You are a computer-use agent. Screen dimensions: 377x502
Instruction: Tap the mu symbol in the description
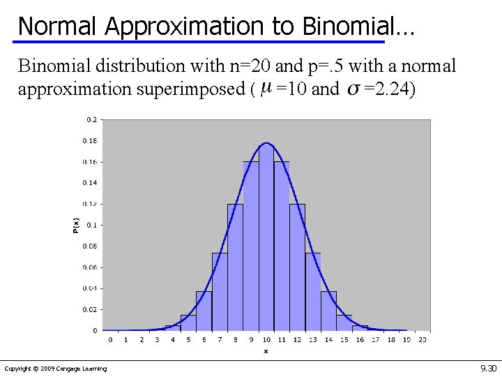pos(265,90)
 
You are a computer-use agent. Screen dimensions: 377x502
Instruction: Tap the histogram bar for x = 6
pos(204,311)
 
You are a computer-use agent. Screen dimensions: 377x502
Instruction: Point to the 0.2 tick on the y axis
pos(92,119)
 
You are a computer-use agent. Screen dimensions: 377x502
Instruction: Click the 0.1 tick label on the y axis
pos(92,225)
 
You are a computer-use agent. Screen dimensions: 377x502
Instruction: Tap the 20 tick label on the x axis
pos(422,339)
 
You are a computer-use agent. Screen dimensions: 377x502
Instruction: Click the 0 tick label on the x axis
pos(110,339)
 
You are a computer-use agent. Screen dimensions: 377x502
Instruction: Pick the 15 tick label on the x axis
pos(344,339)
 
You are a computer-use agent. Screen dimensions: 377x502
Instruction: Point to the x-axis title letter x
pos(266,350)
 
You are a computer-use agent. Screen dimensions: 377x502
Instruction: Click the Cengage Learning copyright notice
pos(56,369)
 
